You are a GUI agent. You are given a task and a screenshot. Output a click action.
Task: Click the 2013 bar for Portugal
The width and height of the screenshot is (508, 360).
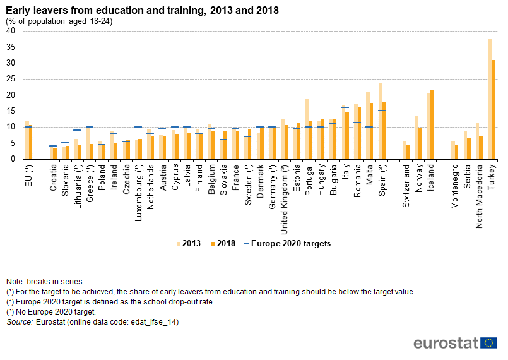pos(307,129)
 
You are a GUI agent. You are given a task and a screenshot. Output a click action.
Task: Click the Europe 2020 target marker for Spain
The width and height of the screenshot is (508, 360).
pos(382,111)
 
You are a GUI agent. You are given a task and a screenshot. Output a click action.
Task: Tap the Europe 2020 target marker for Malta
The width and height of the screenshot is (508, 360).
pos(369,127)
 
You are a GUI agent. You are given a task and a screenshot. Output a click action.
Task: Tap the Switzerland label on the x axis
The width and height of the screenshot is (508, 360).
pos(406,187)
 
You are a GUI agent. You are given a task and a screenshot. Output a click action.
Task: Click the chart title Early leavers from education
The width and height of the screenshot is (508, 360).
pos(143,11)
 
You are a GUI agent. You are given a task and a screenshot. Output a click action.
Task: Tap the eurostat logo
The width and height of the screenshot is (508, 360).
pos(454,343)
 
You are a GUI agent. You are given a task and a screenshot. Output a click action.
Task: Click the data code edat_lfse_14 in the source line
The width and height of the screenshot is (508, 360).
pos(152,322)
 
